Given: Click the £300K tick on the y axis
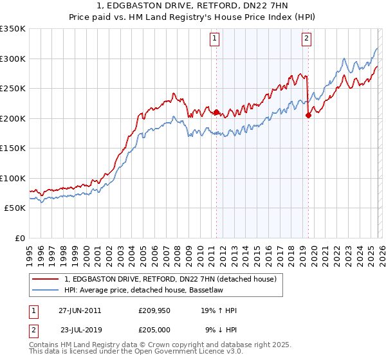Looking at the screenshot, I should click(x=13, y=59).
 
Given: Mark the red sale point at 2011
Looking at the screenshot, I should click(x=216, y=113).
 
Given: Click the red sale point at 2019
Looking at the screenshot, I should click(x=308, y=116).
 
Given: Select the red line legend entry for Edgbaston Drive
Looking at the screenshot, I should click(x=170, y=279).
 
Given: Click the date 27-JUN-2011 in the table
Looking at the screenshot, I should click(x=80, y=310).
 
